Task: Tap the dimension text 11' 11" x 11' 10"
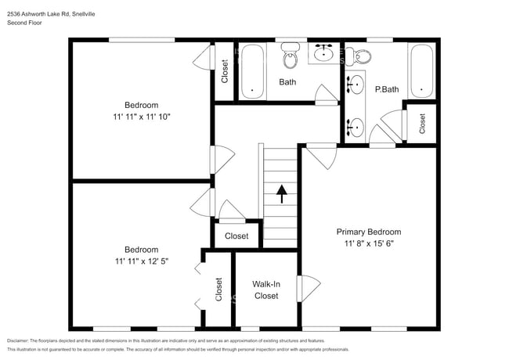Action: [141, 117]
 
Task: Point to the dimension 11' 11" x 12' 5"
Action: [141, 261]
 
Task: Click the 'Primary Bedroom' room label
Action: [368, 232]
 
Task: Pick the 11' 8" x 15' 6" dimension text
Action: [368, 243]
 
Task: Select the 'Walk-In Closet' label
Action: [265, 290]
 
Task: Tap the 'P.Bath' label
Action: [387, 89]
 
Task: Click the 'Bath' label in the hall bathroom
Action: [287, 81]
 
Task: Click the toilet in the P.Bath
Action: [363, 54]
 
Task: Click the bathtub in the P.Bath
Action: [421, 72]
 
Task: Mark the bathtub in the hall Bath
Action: [251, 72]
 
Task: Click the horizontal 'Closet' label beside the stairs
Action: [236, 236]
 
